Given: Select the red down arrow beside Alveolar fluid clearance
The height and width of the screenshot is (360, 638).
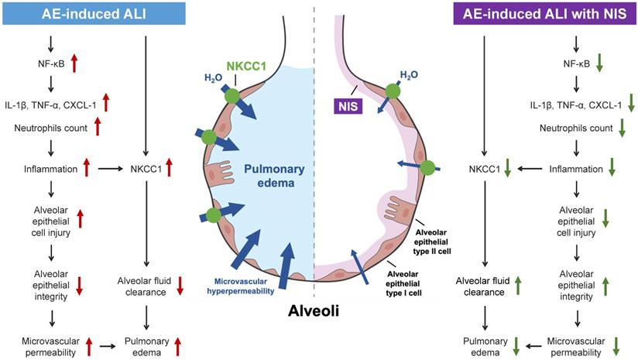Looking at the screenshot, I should [x=180, y=286].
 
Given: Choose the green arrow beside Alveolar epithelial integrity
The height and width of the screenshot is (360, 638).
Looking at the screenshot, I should [x=605, y=286].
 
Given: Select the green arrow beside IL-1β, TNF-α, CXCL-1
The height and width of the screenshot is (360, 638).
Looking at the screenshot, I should [x=632, y=101].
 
